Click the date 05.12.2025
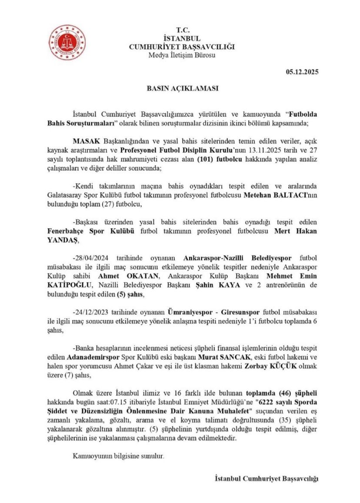point(302,72)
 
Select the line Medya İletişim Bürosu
point(182,55)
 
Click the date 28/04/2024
point(91,257)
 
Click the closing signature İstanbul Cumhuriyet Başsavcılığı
point(267,479)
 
